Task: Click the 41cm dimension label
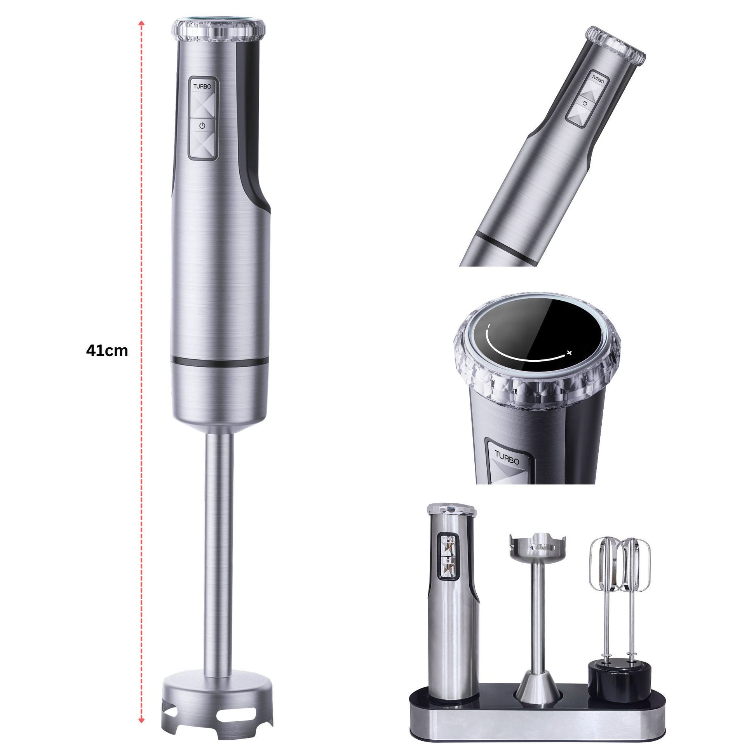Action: pos(107,350)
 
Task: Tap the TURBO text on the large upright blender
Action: pos(202,86)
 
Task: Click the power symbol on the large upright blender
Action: pos(202,125)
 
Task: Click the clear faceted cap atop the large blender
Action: pos(219,31)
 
